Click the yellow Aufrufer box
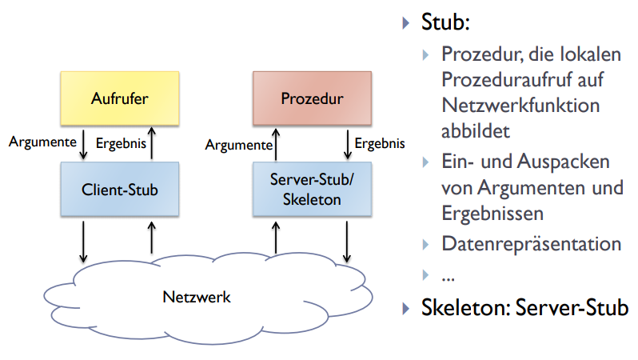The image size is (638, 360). (x=120, y=99)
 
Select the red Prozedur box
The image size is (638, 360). (x=312, y=99)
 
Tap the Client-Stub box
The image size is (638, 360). (x=120, y=190)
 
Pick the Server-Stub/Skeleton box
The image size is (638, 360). (x=312, y=190)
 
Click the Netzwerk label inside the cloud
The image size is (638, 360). (x=197, y=297)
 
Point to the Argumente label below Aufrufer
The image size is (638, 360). (x=42, y=143)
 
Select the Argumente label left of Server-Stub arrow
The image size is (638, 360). (x=236, y=145)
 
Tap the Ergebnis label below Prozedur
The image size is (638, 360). (x=380, y=144)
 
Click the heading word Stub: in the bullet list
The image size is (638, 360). (x=443, y=23)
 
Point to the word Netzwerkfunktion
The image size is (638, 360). (x=520, y=105)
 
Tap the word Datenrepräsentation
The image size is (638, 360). (x=531, y=244)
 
